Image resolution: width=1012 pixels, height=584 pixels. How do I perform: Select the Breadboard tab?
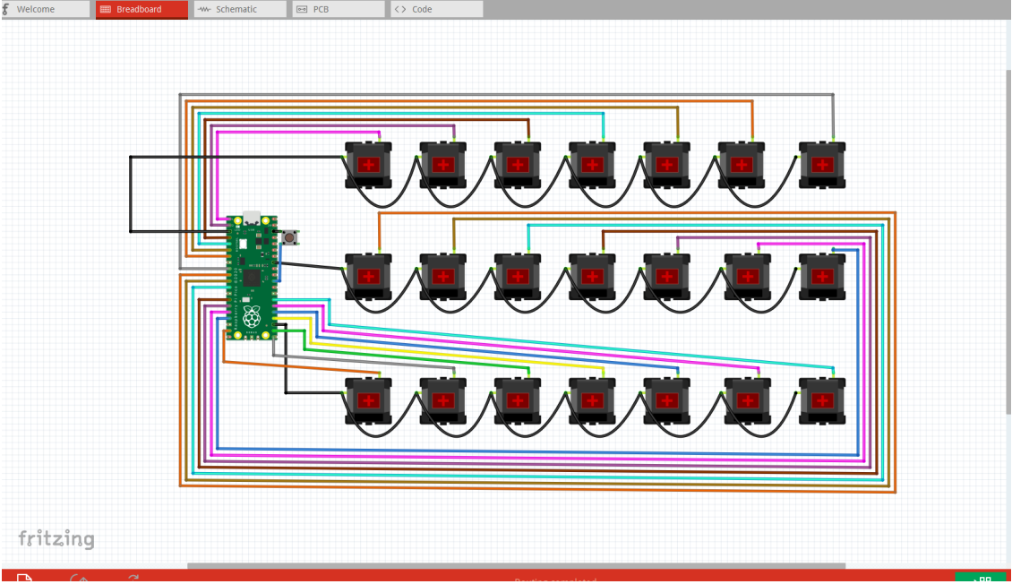[141, 9]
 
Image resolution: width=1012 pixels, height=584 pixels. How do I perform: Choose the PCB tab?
[339, 9]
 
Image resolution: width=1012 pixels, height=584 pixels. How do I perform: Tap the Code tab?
[436, 9]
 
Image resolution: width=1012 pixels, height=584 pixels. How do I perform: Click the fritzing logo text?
[56, 539]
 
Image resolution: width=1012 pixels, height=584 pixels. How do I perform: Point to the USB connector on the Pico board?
[253, 219]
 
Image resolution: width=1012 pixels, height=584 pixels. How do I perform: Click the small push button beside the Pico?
[290, 237]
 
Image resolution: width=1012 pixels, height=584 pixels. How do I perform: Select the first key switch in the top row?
[369, 165]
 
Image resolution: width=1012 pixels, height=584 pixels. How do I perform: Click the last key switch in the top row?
[821, 165]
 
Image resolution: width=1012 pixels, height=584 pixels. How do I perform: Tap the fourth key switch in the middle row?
[592, 276]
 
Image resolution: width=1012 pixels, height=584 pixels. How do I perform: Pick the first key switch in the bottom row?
[369, 400]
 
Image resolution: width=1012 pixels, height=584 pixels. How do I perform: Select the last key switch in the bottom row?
[821, 400]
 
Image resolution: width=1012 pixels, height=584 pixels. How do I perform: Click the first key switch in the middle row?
[369, 276]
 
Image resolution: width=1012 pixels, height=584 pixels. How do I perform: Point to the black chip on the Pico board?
[251, 279]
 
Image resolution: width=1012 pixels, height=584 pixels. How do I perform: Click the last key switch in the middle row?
[821, 276]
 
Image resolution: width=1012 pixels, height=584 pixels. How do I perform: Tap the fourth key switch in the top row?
[592, 165]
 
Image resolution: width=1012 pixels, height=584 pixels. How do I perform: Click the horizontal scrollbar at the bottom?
[516, 566]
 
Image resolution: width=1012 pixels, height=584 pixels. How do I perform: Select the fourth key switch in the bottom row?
[592, 400]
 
